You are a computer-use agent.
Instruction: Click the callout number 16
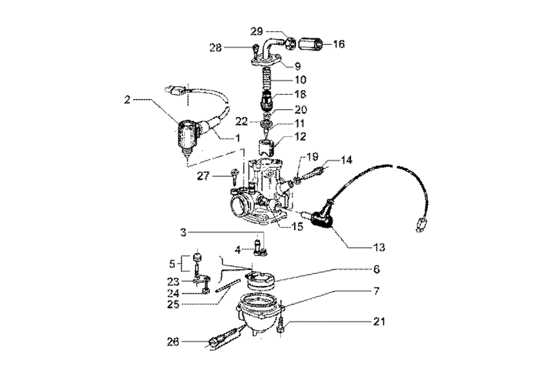tap(338, 44)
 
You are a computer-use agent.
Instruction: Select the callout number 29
tap(256, 32)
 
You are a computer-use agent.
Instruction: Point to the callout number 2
tap(128, 100)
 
